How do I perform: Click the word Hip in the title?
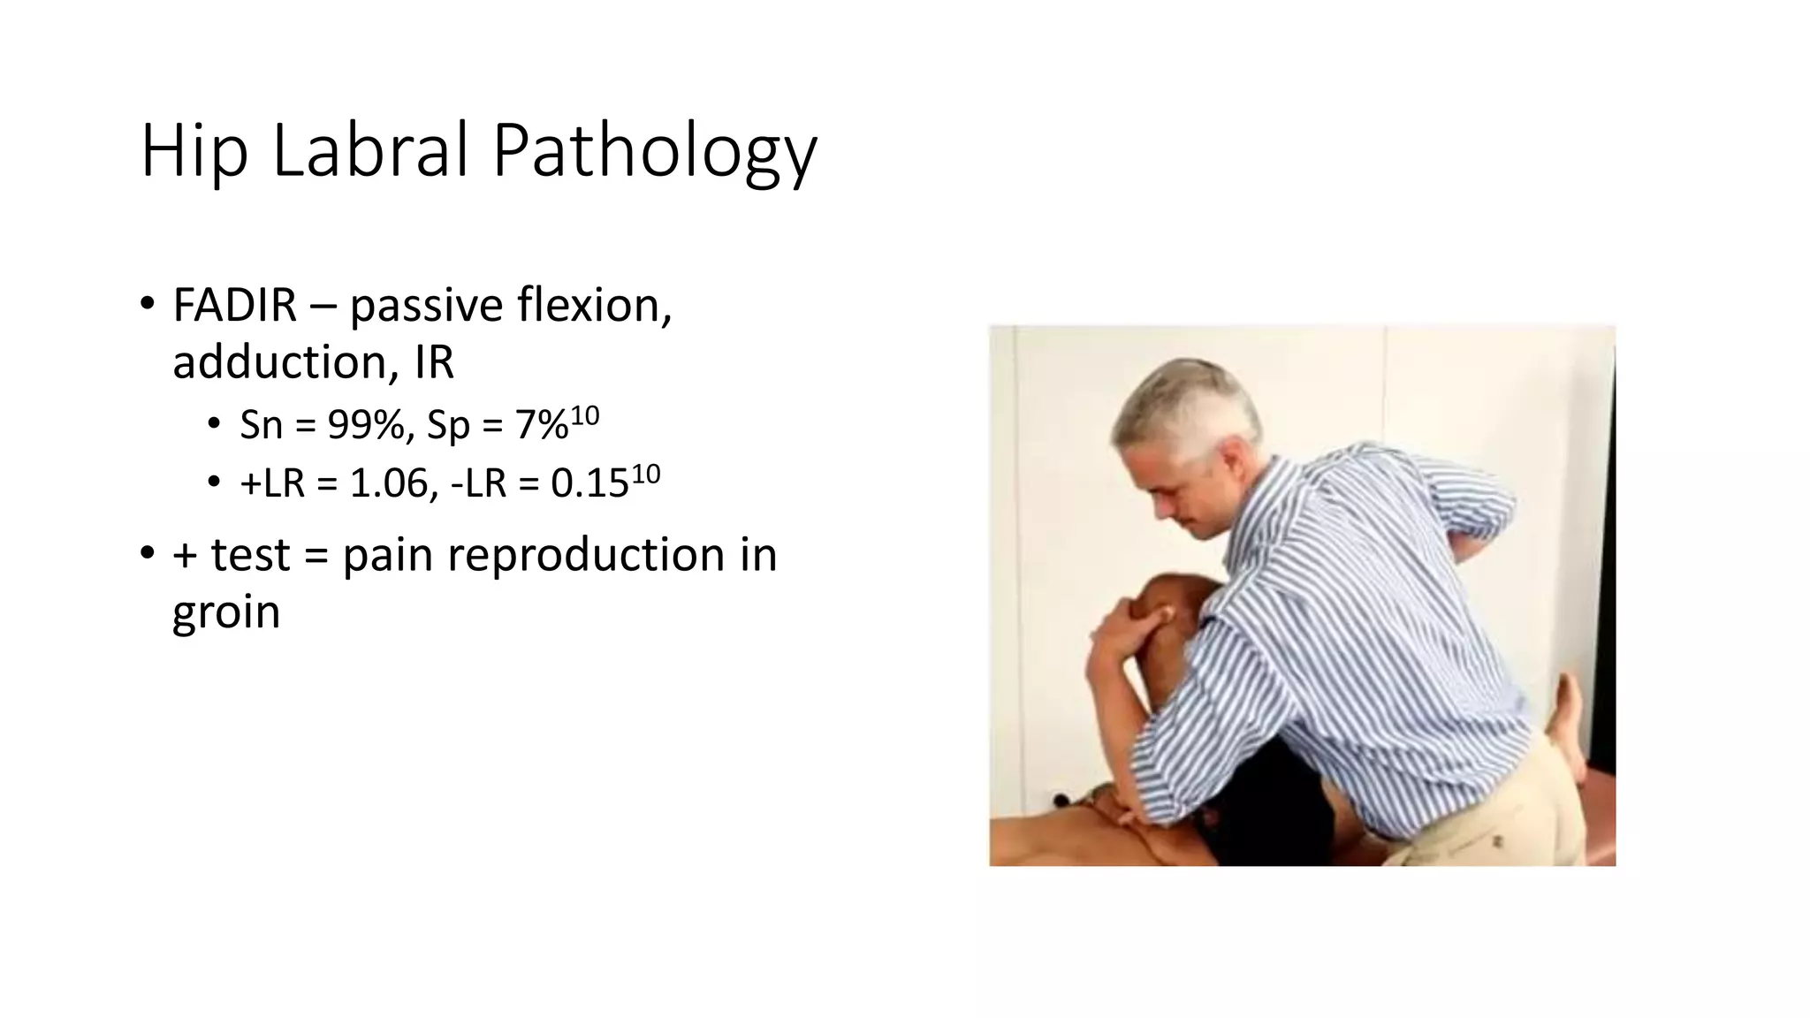(194, 152)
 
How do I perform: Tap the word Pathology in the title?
(654, 152)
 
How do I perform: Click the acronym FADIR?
(234, 306)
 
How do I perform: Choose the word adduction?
(285, 362)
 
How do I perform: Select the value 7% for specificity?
(541, 426)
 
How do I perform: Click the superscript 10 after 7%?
(585, 415)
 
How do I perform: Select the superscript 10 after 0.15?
(646, 474)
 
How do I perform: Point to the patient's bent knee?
(1167, 610)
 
